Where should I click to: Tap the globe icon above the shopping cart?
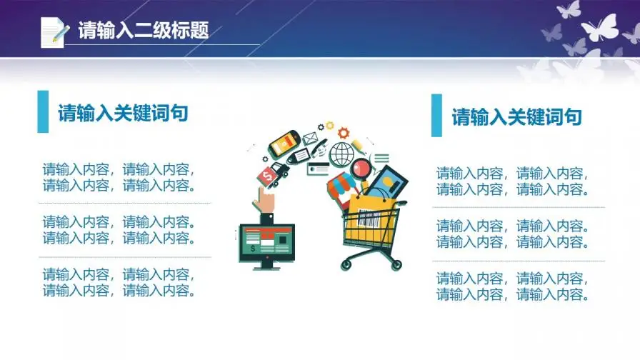tap(341, 154)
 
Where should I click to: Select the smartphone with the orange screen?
tap(284, 144)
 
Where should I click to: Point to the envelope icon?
tap(310, 138)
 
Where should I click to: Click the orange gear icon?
tap(344, 133)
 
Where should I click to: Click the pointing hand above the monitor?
tap(264, 199)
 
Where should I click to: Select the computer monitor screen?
tap(267, 241)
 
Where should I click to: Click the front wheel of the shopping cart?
tap(346, 265)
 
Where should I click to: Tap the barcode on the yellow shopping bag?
tap(369, 219)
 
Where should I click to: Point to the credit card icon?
tap(319, 169)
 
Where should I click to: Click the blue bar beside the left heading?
tap(43, 111)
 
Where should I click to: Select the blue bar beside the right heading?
tap(436, 116)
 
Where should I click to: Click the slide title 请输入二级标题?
tap(144, 30)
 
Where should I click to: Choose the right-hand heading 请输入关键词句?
tap(516, 116)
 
